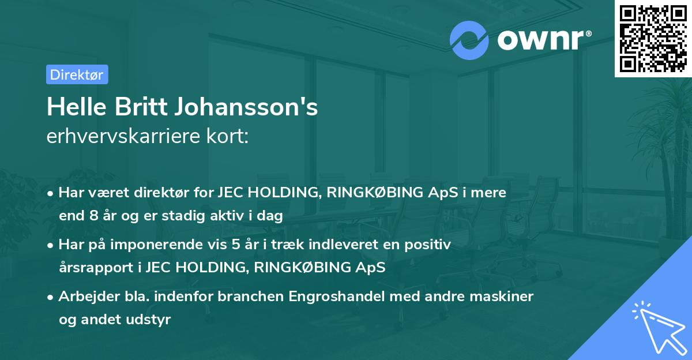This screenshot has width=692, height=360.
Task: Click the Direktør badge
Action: pos(77,74)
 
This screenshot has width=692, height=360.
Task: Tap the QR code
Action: pos(652,39)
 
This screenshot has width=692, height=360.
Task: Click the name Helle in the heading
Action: pos(73,107)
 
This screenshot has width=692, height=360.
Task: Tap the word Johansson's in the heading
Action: pos(242,107)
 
